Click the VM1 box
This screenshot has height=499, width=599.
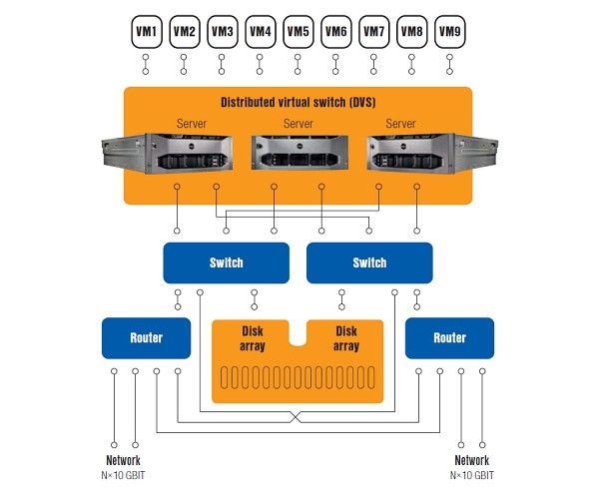(x=147, y=32)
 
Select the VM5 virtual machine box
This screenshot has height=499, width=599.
(x=299, y=32)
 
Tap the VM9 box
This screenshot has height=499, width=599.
(x=450, y=32)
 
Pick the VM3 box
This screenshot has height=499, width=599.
(x=223, y=32)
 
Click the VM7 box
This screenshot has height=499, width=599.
(x=374, y=32)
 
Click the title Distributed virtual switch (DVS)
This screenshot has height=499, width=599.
(x=298, y=103)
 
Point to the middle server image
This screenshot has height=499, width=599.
(x=299, y=153)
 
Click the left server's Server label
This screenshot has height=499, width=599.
(x=192, y=124)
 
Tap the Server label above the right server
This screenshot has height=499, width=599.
(x=400, y=124)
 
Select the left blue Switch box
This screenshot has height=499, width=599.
(x=227, y=263)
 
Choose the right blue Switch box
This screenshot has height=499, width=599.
(x=369, y=263)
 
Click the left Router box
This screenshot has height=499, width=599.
(x=147, y=338)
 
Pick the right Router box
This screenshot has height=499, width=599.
(x=449, y=338)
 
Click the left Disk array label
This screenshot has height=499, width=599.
(x=253, y=338)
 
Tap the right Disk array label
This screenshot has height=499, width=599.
(x=346, y=338)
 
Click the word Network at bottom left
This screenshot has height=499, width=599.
(x=123, y=460)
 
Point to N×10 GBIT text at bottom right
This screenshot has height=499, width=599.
(x=472, y=475)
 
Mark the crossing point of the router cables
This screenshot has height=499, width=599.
(x=296, y=417)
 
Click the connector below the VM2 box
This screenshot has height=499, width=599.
(x=184, y=64)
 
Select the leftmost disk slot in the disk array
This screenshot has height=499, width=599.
(x=225, y=377)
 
